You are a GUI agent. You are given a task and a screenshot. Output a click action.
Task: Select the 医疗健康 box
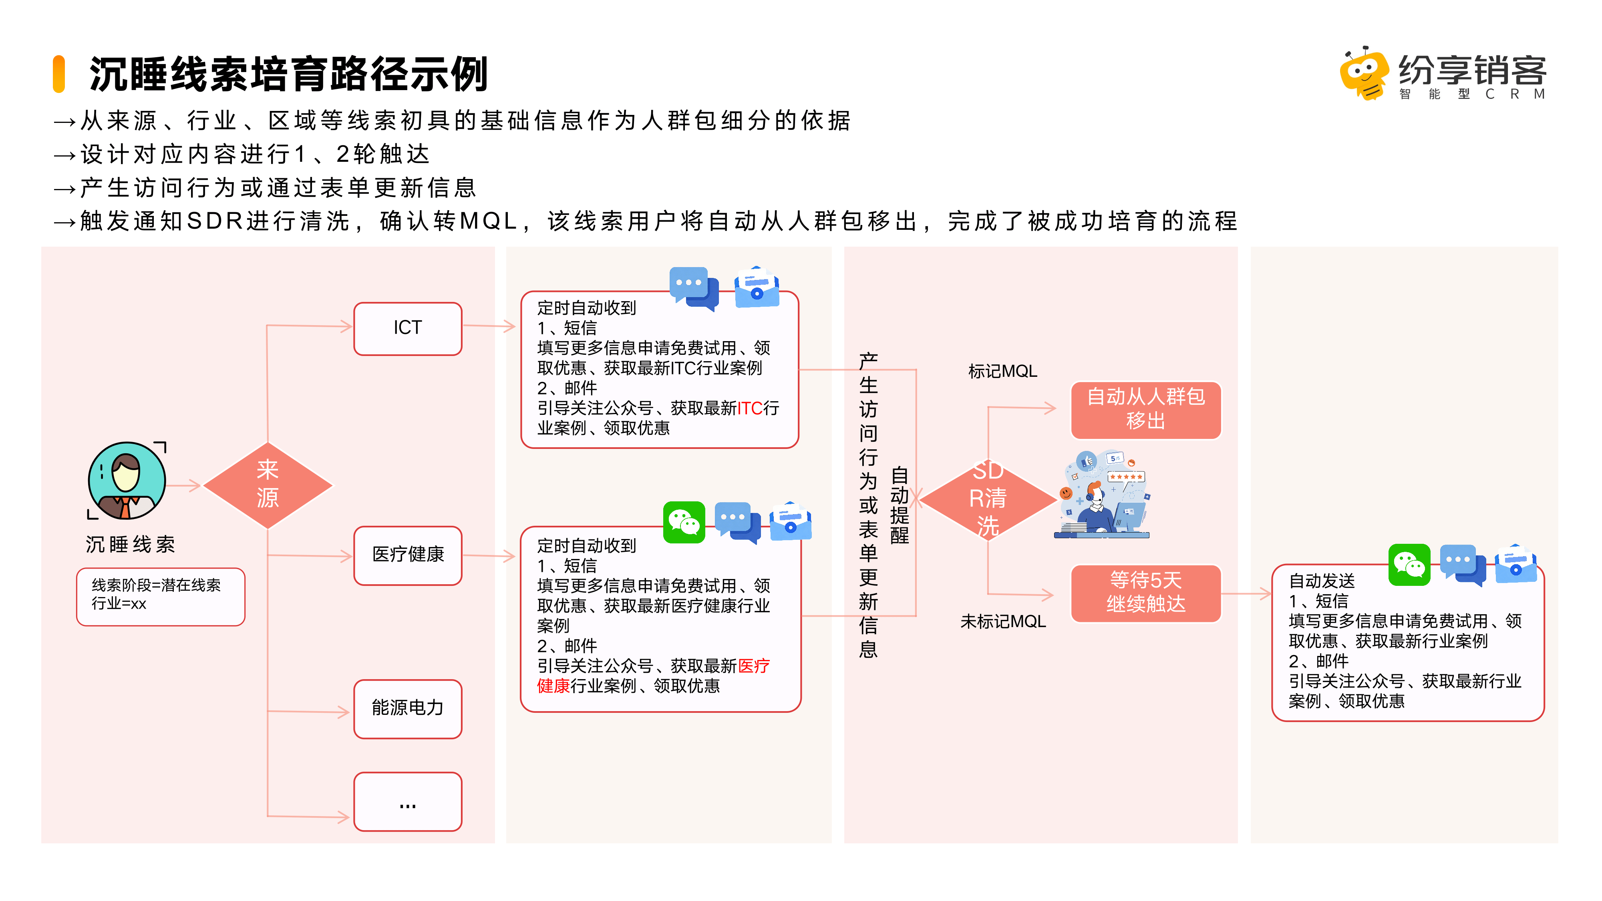click(407, 555)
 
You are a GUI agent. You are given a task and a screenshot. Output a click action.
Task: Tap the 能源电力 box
click(407, 708)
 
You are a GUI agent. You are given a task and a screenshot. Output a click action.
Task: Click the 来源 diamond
click(268, 485)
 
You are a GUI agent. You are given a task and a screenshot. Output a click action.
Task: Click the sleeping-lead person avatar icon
click(127, 481)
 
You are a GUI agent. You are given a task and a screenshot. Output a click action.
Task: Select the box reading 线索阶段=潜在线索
click(161, 596)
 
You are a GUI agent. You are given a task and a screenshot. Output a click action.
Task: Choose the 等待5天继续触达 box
click(1145, 593)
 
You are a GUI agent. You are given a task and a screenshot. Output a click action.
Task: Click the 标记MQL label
click(1002, 371)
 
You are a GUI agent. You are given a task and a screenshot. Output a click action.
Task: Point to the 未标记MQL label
click(1002, 621)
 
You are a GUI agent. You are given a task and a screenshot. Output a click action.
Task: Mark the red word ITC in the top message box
click(749, 408)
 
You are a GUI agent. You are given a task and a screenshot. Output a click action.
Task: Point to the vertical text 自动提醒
click(899, 505)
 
